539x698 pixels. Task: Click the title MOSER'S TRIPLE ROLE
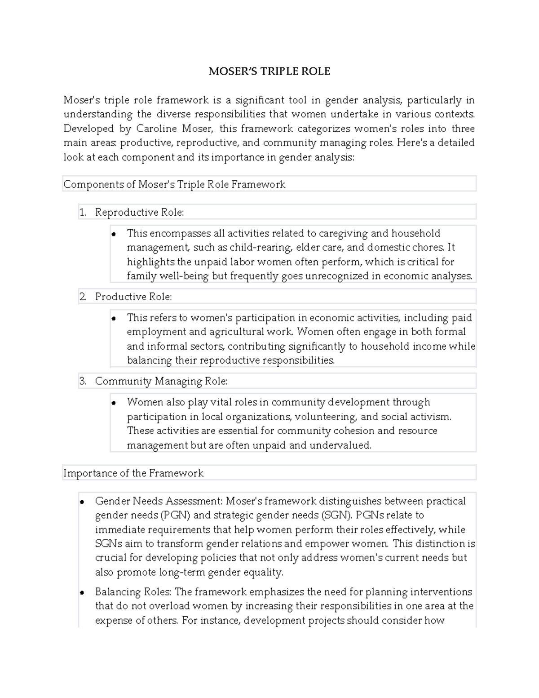[269, 71]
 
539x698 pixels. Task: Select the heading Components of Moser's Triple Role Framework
[174, 184]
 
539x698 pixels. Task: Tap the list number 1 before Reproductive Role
[82, 213]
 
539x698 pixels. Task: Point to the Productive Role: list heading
[133, 297]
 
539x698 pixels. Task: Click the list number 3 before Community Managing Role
[82, 382]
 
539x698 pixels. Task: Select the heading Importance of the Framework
[133, 473]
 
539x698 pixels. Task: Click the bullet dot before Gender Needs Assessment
[82, 502]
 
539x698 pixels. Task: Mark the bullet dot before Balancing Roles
[82, 593]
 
